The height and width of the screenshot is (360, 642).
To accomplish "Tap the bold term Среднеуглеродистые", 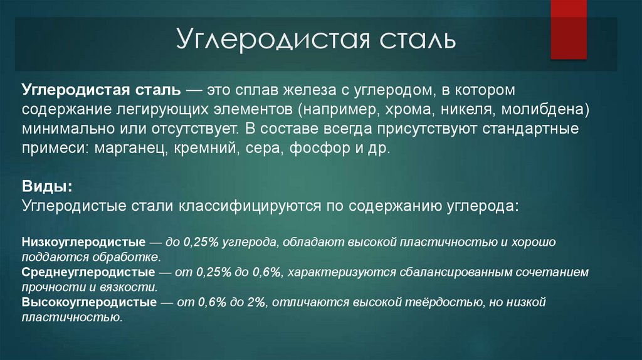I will (88, 272).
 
